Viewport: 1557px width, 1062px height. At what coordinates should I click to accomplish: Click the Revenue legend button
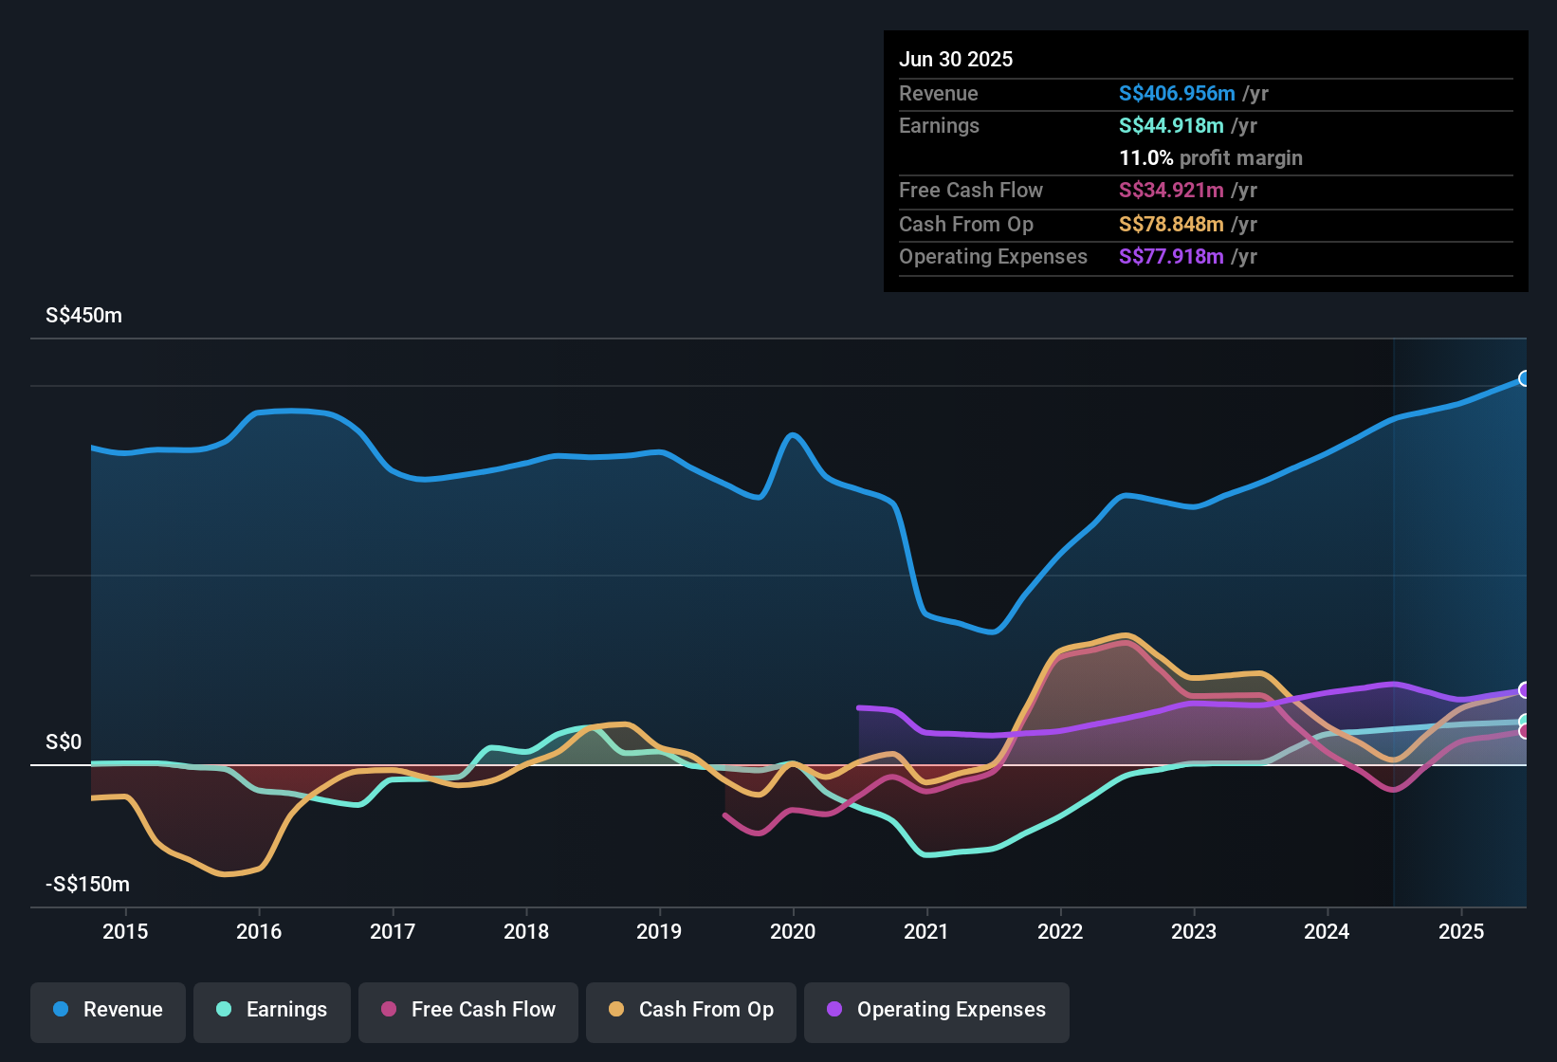[108, 1010]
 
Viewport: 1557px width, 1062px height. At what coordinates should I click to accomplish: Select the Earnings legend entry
[272, 1010]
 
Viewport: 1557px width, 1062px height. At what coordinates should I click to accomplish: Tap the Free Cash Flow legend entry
[468, 1010]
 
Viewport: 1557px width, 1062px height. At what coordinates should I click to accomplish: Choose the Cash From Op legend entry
[691, 1010]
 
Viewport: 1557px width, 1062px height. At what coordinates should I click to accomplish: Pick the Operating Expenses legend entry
[937, 1010]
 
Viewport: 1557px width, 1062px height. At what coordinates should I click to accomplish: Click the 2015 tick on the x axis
[125, 931]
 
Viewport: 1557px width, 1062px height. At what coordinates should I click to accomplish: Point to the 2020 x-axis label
[793, 931]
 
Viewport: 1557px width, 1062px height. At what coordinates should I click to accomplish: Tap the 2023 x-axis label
[1194, 931]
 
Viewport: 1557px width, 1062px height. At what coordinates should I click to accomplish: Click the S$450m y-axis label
[83, 316]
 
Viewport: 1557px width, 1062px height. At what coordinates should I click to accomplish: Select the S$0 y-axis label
[64, 742]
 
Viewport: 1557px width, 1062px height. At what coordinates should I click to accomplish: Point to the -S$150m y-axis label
[87, 885]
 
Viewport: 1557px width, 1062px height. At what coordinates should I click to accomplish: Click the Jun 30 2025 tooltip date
[956, 60]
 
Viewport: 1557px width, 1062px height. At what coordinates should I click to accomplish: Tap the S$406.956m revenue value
[1177, 94]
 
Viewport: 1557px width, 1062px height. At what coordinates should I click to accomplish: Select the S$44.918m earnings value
[1171, 126]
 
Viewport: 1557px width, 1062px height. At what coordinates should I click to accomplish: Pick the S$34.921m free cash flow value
[1171, 191]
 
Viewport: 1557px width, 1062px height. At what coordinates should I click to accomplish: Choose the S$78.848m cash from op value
[1171, 225]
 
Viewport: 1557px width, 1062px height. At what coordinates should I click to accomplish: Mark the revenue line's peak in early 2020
[794, 435]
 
